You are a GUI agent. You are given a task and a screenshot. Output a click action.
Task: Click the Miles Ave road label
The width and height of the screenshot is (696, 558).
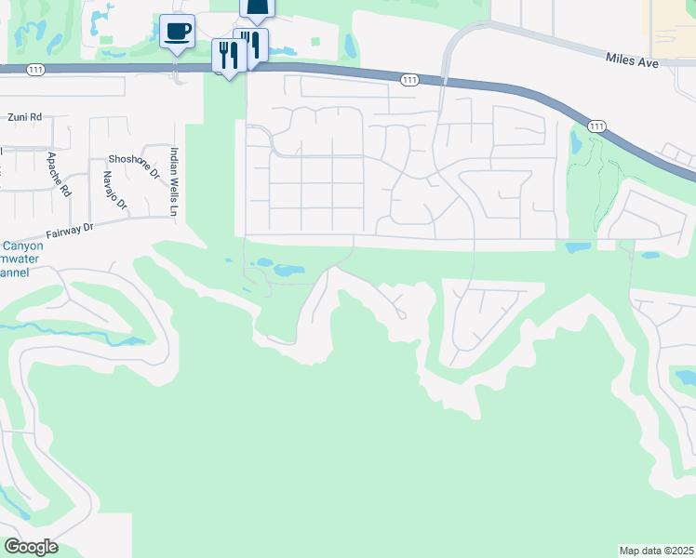[632, 60]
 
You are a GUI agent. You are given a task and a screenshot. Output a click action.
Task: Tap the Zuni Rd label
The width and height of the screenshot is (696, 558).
[25, 118]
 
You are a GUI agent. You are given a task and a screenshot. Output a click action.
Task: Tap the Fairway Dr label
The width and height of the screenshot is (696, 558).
[70, 227]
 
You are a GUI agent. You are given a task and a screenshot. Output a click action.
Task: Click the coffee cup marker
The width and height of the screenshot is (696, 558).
[177, 33]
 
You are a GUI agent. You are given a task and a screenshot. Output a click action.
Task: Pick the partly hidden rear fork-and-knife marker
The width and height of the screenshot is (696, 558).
[252, 46]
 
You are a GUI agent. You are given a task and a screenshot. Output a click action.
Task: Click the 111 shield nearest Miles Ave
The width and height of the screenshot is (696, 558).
[596, 126]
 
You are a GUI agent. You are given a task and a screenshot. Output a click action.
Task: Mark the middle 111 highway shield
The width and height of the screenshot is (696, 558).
[409, 81]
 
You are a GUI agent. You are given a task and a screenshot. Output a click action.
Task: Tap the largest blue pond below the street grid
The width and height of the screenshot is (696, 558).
[287, 272]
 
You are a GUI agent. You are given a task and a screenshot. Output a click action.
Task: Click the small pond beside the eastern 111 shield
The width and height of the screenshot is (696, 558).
[574, 144]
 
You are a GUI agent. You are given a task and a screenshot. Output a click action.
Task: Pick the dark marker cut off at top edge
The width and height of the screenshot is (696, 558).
[258, 8]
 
